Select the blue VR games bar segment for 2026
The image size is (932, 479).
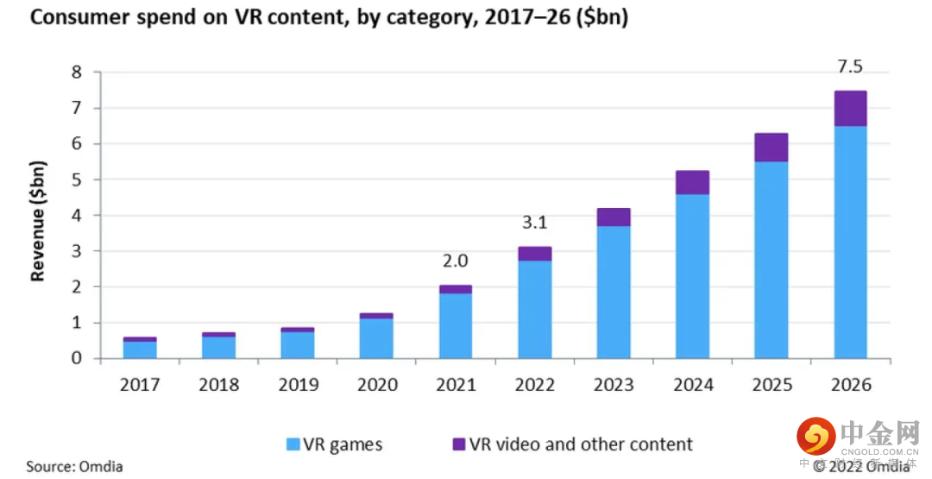[850, 242]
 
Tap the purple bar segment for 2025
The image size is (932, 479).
[771, 148]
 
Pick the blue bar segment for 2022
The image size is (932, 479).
[534, 309]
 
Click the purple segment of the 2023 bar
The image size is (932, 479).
[614, 217]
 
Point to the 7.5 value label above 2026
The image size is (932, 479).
[850, 67]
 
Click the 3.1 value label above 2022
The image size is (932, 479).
[534, 224]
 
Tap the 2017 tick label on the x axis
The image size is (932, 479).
[140, 385]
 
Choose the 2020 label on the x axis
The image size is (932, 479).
[376, 385]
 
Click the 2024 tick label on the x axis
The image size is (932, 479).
[692, 385]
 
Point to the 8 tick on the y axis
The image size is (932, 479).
[77, 72]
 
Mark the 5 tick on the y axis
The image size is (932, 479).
[77, 180]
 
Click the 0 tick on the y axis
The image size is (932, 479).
[77, 358]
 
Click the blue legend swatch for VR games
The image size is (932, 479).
[293, 444]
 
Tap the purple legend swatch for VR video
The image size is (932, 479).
[458, 444]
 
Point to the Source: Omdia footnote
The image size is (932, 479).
[74, 467]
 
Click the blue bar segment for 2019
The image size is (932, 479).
[298, 345]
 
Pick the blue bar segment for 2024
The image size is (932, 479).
[692, 276]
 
